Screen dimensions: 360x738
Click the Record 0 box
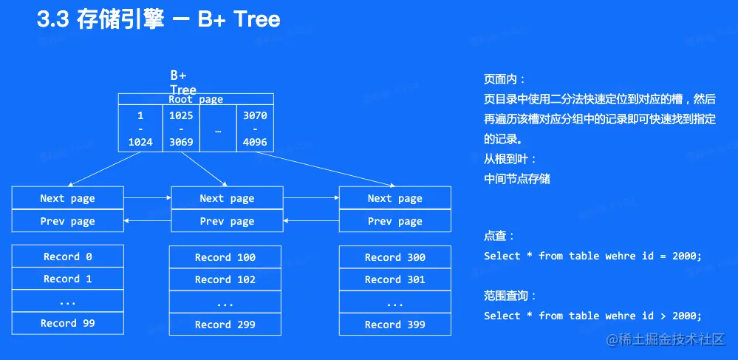tap(67, 257)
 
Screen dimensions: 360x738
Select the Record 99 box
tap(67, 323)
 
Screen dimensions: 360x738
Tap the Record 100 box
tap(225, 257)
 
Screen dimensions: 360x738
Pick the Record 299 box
tap(225, 325)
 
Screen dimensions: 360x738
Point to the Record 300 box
tap(394, 257)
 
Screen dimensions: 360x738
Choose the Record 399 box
tap(394, 325)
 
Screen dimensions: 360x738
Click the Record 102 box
tap(225, 279)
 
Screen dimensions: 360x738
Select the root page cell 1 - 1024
tap(140, 129)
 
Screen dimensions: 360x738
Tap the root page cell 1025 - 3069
tap(181, 129)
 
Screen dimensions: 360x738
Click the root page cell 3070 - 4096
tap(255, 129)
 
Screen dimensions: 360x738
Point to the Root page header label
tap(196, 99)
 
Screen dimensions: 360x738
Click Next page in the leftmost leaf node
tap(67, 198)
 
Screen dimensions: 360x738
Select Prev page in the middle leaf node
tap(227, 221)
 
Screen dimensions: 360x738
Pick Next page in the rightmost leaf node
tap(394, 198)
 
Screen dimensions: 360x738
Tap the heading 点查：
tap(499, 236)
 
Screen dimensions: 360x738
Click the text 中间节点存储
tap(517, 178)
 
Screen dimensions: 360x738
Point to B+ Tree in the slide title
tap(239, 19)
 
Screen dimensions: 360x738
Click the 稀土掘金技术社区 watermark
tap(672, 339)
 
